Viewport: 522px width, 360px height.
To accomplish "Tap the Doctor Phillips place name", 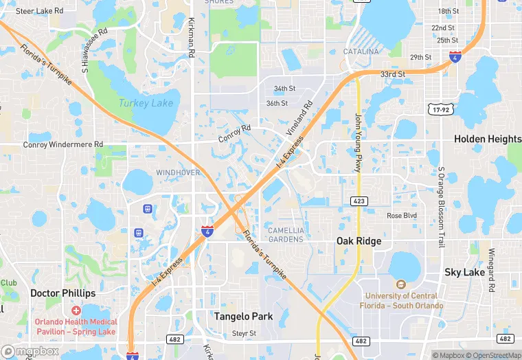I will (63, 293).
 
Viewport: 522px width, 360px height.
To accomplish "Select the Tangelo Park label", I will (243, 317).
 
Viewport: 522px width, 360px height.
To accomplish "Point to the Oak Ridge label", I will (359, 241).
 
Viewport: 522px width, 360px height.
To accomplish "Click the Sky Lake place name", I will (465, 272).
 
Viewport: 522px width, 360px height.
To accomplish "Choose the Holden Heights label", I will (488, 139).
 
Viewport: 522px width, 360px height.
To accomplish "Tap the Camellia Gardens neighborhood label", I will (285, 234).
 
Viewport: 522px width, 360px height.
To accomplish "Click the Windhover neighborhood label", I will (178, 172).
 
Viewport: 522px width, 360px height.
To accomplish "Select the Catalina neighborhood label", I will (361, 52).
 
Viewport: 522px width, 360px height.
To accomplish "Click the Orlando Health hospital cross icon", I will (76, 311).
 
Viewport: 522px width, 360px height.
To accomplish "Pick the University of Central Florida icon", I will (402, 284).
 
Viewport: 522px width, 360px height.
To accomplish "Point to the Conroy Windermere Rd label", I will (63, 145).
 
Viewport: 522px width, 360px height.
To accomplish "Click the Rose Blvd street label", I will (402, 216).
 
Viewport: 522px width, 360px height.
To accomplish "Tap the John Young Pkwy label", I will (358, 143).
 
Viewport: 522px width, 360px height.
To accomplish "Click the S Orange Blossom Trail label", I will (441, 206).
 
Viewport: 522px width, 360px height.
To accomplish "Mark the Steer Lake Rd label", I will (39, 11).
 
